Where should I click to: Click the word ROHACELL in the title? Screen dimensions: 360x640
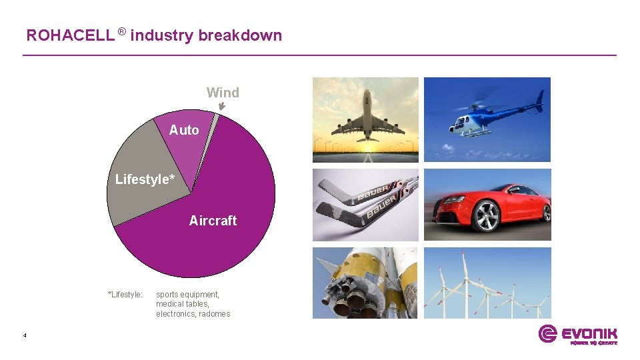point(70,35)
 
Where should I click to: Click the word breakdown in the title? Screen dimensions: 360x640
point(240,35)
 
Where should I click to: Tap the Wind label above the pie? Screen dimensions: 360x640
point(223,93)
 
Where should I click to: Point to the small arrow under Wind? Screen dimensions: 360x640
point(222,106)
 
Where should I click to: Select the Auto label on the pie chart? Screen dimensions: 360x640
point(184,130)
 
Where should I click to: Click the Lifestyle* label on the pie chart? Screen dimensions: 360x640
point(145,179)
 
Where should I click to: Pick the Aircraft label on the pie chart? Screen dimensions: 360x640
point(213,221)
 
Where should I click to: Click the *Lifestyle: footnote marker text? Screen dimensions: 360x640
point(125,295)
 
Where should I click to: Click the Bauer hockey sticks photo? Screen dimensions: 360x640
point(365,205)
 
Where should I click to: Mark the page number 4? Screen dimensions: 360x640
point(25,335)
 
